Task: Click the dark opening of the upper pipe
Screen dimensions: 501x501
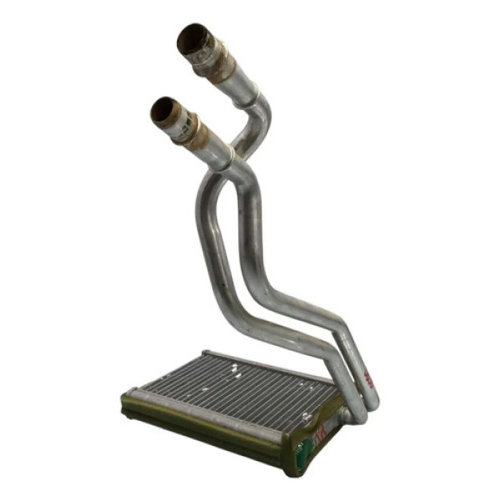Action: [193, 39]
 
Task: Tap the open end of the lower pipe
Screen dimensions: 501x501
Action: [164, 111]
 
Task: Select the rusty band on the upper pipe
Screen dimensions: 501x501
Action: [220, 58]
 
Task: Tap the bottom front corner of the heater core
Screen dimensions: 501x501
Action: [288, 468]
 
